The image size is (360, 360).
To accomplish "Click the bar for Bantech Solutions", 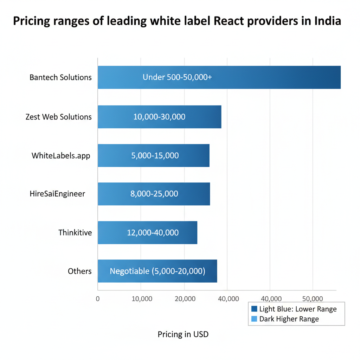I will [219, 77].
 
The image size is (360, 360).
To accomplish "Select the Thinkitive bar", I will [147, 232].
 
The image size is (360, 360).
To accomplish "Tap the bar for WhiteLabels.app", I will [153, 155].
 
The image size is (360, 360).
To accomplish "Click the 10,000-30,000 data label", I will [159, 117].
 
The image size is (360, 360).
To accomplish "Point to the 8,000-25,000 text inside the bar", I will [154, 194].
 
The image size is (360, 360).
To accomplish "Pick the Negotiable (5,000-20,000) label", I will [157, 271].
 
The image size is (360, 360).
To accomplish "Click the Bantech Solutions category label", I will [60, 77].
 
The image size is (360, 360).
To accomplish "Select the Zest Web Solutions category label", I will [58, 117].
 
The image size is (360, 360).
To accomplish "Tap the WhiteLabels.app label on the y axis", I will [60, 155].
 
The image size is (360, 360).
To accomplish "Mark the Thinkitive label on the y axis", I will [75, 232].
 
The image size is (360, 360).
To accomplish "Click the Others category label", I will [79, 271].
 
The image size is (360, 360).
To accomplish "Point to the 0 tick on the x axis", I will [98, 299].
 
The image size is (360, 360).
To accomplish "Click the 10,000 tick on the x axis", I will [141, 299].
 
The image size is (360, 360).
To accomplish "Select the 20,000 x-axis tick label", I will [185, 299].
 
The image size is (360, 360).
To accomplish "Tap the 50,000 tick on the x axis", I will [312, 299].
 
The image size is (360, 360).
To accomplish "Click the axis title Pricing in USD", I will [183, 334].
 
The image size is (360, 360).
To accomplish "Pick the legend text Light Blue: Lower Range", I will [298, 309].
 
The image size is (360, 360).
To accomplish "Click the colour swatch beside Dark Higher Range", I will [255, 319].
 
